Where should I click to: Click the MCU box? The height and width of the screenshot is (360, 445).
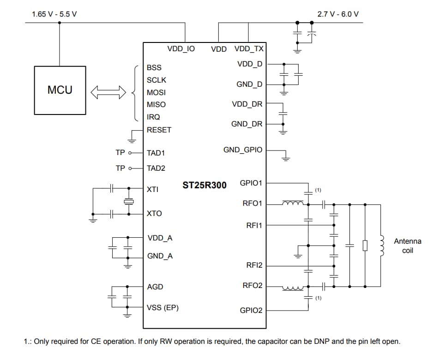coord(60,90)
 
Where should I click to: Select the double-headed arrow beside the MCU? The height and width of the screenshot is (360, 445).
coord(108,92)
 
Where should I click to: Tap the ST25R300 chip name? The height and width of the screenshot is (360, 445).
coord(204,185)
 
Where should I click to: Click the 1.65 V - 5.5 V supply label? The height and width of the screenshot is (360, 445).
coord(54,14)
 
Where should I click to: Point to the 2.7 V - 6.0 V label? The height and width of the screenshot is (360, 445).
coord(338,14)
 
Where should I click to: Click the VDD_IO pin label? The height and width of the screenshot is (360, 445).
coord(180,48)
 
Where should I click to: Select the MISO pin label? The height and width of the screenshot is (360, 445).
coord(156,105)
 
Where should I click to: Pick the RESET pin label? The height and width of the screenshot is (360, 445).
coord(159,130)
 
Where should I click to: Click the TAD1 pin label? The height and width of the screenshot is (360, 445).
coord(156,153)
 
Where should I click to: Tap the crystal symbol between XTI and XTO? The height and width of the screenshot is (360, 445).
coord(128,202)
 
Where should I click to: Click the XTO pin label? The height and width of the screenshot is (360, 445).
coord(154,214)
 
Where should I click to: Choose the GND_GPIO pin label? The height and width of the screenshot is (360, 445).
coord(243,150)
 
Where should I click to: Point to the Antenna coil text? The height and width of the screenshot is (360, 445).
coord(407,246)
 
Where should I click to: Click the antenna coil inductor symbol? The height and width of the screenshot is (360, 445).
coord(381,245)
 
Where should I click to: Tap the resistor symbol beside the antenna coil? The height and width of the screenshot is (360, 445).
coord(365,245)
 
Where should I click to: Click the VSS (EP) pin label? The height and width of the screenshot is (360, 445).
coord(162,307)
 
